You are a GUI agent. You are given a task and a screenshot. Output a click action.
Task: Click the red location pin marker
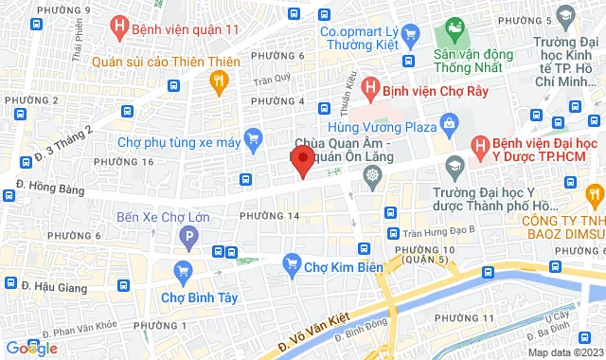point(301,160)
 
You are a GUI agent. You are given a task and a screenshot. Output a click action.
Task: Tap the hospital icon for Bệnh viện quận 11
point(119,28)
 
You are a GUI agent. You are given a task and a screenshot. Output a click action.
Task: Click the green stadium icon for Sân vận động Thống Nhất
point(452,30)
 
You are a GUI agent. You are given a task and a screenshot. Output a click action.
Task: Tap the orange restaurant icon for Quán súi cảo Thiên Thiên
point(220,83)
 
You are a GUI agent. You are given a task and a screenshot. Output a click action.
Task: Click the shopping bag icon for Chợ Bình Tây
point(184,275)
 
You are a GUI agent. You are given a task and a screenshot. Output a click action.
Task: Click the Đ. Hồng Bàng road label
point(45,186)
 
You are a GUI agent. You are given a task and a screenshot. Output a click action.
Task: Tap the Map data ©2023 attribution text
point(563,352)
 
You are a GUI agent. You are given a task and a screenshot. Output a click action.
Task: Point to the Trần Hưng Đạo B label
point(437,231)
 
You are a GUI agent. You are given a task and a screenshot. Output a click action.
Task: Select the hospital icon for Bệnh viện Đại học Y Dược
point(481,146)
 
